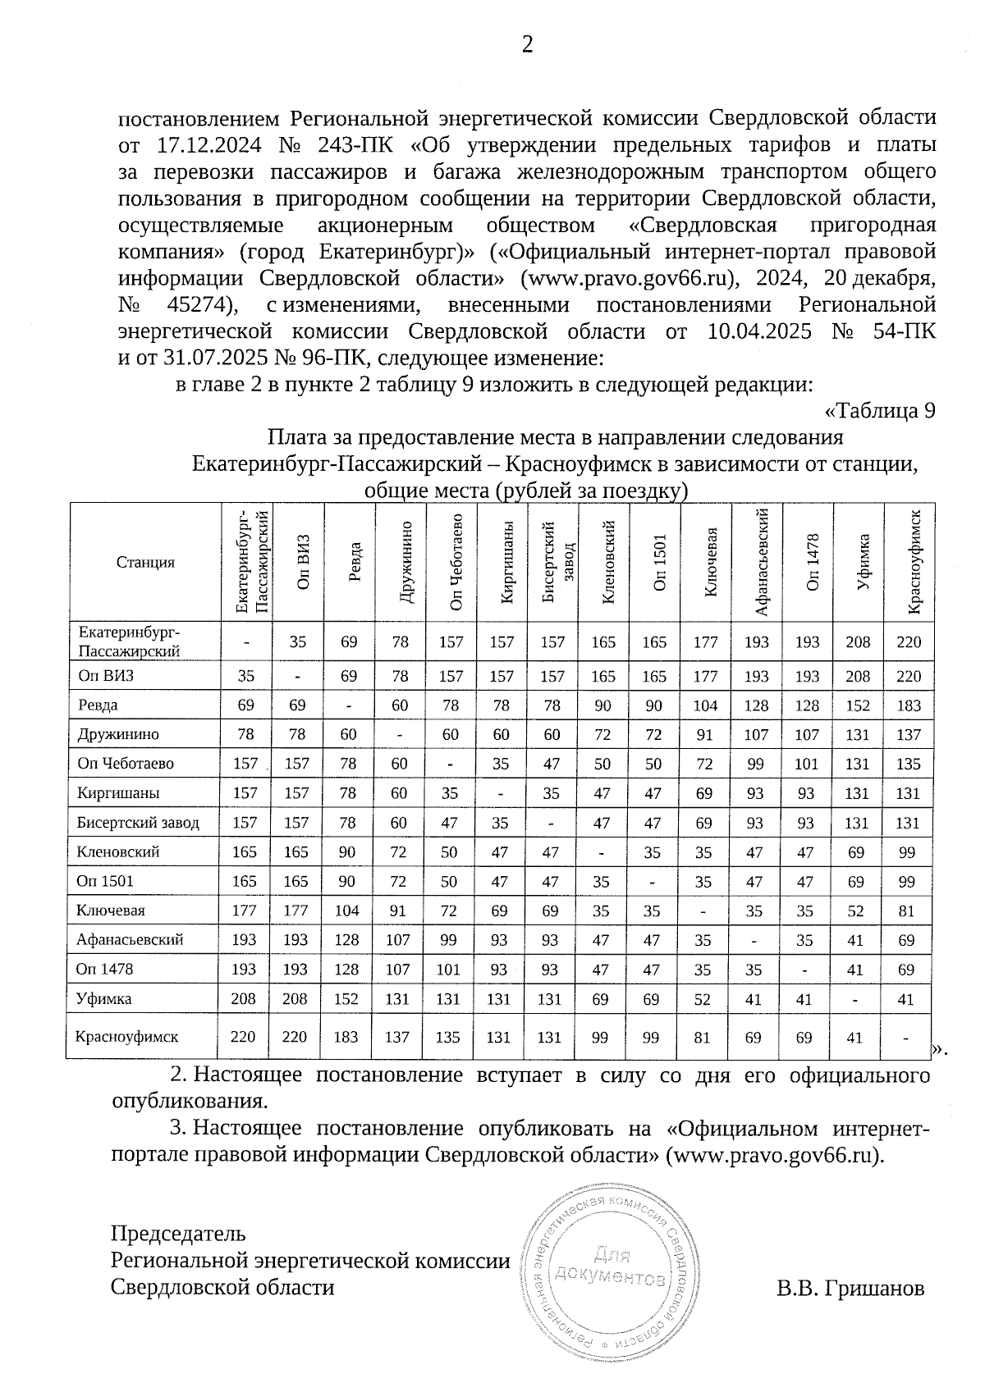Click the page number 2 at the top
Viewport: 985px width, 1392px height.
(x=528, y=45)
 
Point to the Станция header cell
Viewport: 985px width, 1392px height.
(x=145, y=562)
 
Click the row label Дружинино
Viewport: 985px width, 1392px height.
(x=117, y=734)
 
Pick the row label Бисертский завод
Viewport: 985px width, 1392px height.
(x=137, y=822)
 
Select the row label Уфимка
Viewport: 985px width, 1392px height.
(x=103, y=999)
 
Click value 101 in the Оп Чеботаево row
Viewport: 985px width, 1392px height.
(x=806, y=764)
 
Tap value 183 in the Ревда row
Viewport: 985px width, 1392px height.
(x=908, y=705)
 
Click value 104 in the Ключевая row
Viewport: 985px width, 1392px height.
(x=346, y=911)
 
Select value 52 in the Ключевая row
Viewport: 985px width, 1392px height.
(x=856, y=911)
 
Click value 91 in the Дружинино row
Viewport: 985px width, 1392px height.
(x=704, y=735)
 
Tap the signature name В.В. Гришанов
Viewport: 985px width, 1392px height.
(x=850, y=1288)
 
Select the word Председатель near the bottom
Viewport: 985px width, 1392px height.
(x=178, y=1233)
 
